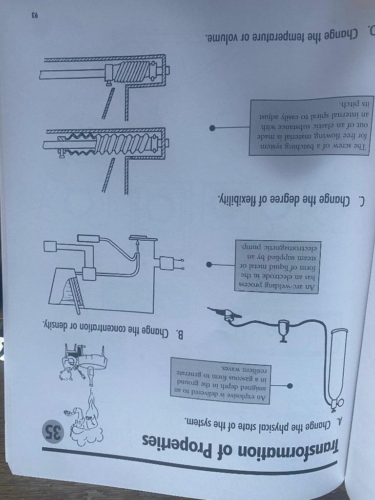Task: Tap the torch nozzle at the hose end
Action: (221, 312)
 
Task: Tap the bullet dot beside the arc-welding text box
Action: (209, 266)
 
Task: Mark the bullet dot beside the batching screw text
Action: (213, 128)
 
